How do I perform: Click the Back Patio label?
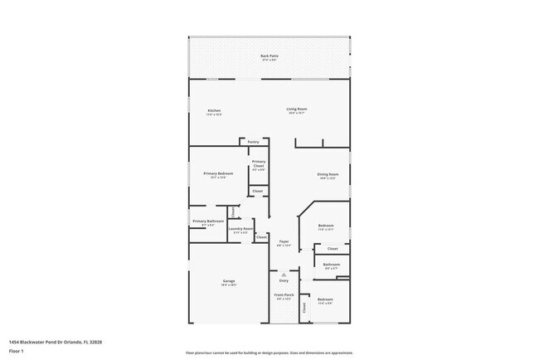[269, 56]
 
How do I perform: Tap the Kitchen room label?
[213, 110]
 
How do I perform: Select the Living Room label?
[297, 109]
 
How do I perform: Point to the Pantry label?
[253, 142]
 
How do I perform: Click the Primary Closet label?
[259, 163]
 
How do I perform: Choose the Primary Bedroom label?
[218, 174]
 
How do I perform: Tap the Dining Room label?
[328, 175]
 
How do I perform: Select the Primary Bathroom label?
[208, 221]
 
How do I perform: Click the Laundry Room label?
[240, 229]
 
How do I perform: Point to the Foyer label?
[283, 242]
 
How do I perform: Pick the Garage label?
[228, 282]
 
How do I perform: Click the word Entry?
[284, 280]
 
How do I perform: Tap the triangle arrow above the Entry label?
[284, 274]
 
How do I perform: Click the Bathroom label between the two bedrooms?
[331, 265]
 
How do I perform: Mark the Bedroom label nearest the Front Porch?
[325, 299]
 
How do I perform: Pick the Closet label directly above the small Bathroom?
[332, 248]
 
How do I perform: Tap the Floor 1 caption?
[17, 351]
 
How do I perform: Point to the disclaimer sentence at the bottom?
[269, 353]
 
